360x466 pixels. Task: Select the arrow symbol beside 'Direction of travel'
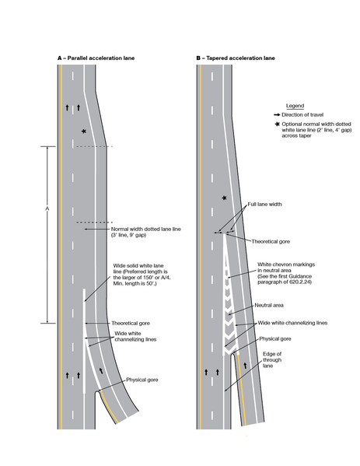[x=278, y=114]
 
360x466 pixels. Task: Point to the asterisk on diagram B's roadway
[x=225, y=198]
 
